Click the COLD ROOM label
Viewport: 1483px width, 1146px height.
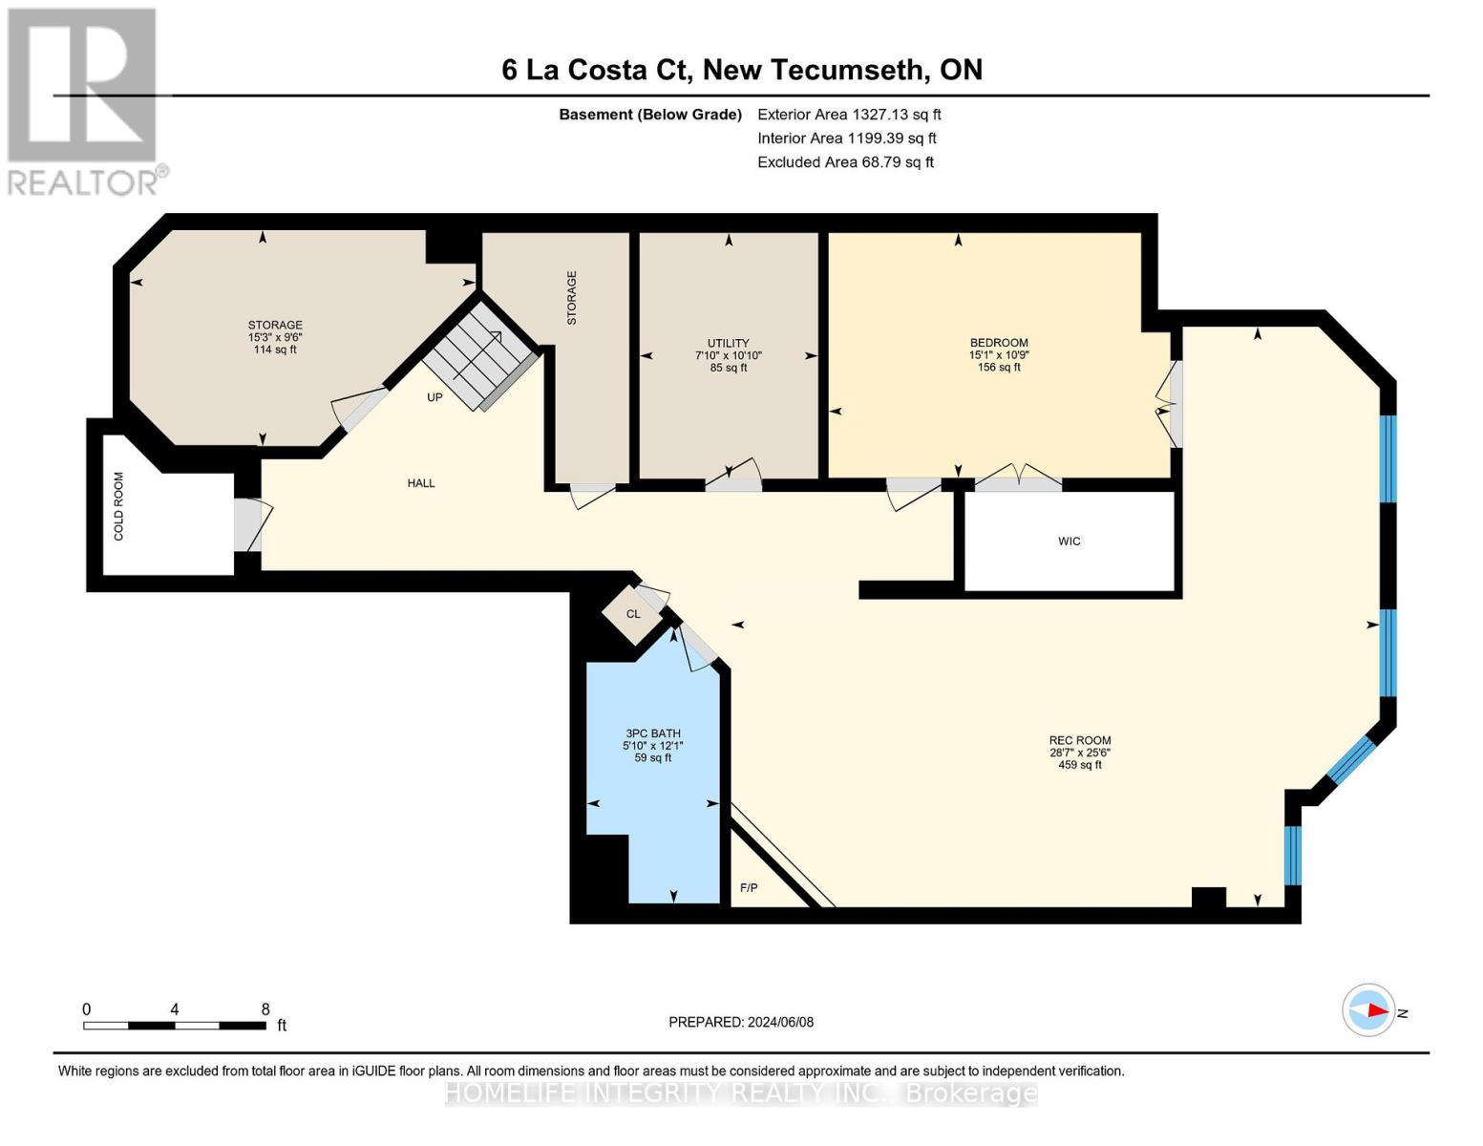click(x=119, y=506)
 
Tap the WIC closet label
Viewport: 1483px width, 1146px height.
click(x=1069, y=541)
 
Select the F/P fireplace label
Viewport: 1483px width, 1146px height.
click(x=749, y=888)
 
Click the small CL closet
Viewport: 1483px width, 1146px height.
click(x=633, y=614)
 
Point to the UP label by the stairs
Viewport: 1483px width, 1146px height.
click(x=434, y=397)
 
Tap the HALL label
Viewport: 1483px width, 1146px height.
click(x=421, y=483)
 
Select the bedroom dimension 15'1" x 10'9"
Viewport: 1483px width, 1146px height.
click(x=999, y=355)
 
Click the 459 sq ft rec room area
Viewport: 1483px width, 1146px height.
click(x=1080, y=765)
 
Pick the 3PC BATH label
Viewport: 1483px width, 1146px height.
click(x=653, y=733)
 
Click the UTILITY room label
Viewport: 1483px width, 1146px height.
click(x=728, y=343)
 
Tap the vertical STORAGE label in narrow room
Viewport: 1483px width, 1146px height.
click(x=572, y=298)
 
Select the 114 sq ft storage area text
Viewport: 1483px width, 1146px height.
click(x=275, y=350)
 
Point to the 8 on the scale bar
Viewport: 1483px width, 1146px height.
click(x=265, y=1009)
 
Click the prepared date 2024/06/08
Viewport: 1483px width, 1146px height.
click(x=741, y=1022)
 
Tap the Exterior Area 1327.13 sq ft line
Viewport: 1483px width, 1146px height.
click(x=849, y=115)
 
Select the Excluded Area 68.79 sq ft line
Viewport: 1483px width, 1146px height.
click(x=845, y=162)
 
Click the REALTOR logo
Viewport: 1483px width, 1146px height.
click(x=85, y=100)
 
